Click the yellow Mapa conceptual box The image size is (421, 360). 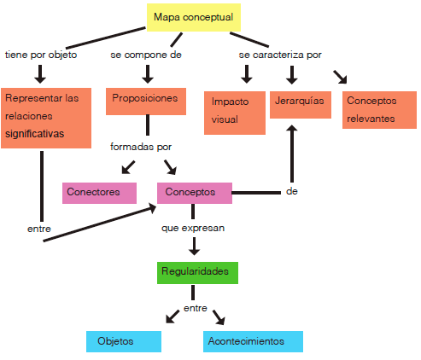coord(194,17)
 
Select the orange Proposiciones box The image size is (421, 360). coord(146,102)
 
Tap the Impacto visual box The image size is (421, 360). coord(235,113)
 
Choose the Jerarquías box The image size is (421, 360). coord(301,105)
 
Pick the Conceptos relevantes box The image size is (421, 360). coord(379,110)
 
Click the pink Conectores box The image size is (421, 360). coord(99,193)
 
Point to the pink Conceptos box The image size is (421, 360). coord(195,193)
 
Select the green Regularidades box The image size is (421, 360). coord(197,273)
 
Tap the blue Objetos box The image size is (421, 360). coord(124,341)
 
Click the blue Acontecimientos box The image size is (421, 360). coord(253,341)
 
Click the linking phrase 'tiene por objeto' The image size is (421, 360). coord(41,55)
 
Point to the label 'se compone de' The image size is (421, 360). coord(146,55)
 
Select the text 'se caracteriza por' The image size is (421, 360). coord(280,55)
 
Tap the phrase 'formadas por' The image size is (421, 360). coord(141,147)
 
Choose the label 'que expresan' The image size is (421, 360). coord(193,228)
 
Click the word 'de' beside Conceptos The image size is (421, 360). coord(292,191)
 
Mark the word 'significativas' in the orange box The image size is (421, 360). coord(35,134)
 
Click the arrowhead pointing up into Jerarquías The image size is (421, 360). coord(292,128)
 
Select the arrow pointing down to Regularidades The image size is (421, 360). coord(194,247)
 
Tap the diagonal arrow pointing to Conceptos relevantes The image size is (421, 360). coord(341,77)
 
